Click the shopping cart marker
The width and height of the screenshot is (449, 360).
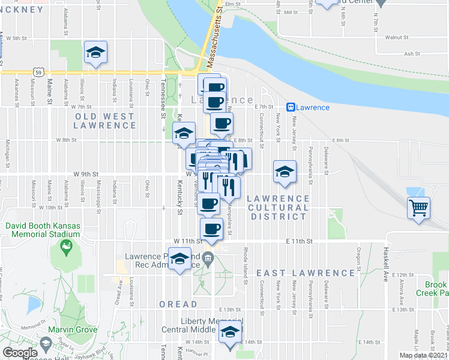tap(418, 209)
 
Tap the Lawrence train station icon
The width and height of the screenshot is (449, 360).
tap(290, 107)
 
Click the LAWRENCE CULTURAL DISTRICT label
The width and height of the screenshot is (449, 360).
tap(278, 207)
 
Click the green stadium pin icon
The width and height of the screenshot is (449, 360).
tap(62, 247)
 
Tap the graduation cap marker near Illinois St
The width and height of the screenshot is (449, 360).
tap(95, 53)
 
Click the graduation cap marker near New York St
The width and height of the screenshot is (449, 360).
tap(284, 173)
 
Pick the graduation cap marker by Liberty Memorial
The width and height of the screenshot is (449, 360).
tap(229, 332)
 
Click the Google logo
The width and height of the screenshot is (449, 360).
tap(20, 353)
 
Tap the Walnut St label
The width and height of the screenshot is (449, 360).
tap(397, 37)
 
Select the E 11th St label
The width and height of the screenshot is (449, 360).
tap(300, 241)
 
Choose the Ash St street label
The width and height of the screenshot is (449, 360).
tap(412, 53)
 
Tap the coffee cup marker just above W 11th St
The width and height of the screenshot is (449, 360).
tap(211, 229)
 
